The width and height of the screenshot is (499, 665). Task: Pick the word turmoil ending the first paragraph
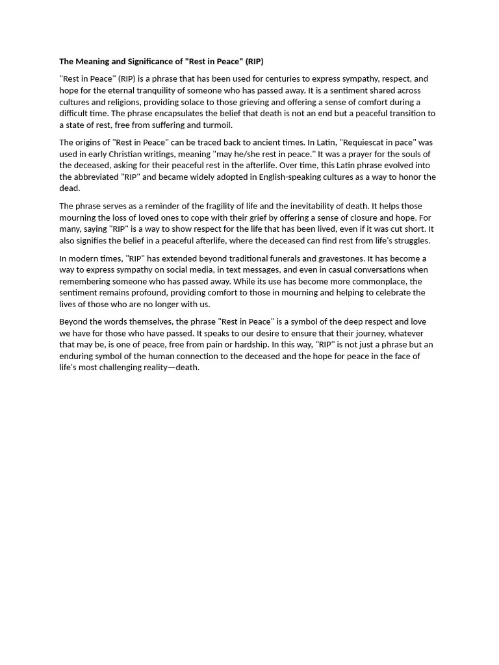pos(215,125)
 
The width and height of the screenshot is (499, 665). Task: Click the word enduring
pos(78,357)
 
